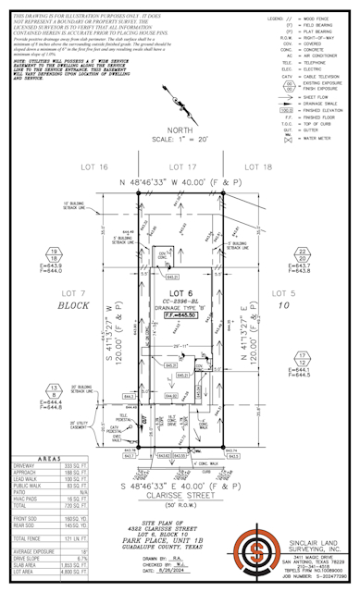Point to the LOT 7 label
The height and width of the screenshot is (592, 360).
coord(70,291)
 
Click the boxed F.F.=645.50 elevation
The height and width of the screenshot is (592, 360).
coord(189,315)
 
